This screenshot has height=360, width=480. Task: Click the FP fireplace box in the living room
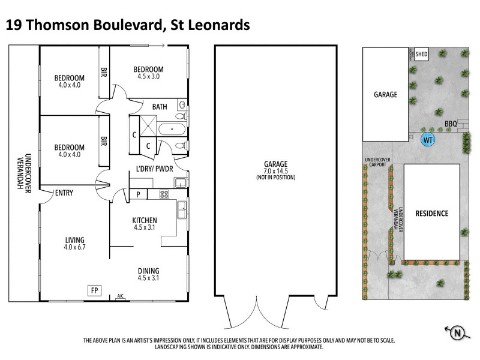pos(94,290)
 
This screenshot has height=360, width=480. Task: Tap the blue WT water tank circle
pos(428,140)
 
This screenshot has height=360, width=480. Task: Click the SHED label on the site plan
pos(422,52)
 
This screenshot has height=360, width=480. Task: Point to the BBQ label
pos(451,124)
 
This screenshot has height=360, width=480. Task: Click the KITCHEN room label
pos(145,220)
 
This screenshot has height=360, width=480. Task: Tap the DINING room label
pos(148,271)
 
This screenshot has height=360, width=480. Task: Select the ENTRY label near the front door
pos(64,193)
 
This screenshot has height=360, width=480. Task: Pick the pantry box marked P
pos(137,194)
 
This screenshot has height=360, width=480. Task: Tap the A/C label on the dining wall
pos(121,296)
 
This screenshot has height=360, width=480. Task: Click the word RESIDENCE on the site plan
pos(431,213)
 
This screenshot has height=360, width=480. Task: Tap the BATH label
pos(160,107)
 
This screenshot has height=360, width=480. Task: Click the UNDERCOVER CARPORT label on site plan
pos(377,162)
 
